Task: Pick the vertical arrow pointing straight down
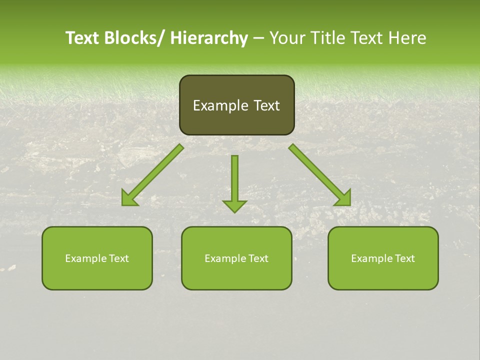[x=234, y=182]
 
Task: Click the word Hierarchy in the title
[x=209, y=38]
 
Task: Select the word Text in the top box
[x=265, y=105]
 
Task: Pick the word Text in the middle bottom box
[x=257, y=258]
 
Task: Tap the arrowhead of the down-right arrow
[x=343, y=198]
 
